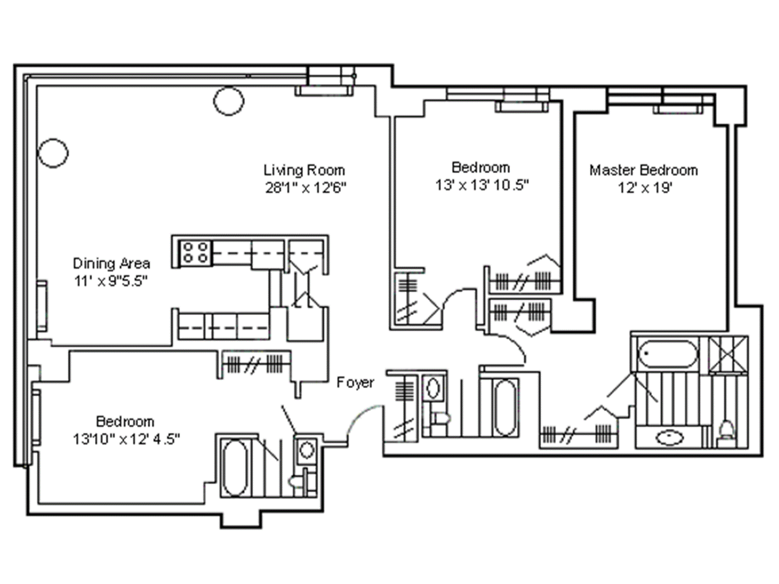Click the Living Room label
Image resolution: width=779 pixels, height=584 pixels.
click(304, 170)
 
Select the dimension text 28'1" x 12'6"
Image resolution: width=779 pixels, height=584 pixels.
click(306, 188)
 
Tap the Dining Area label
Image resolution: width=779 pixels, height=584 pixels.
click(111, 264)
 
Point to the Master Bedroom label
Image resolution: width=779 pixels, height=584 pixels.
click(643, 170)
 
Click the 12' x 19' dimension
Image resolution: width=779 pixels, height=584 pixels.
click(645, 188)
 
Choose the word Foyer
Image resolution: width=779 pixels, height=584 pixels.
click(355, 382)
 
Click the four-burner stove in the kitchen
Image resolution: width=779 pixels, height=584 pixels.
click(196, 252)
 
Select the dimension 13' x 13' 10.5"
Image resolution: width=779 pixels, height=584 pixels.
click(482, 185)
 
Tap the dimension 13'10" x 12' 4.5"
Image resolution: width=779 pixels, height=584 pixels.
click(126, 439)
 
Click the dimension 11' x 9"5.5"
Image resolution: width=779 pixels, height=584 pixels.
click(110, 281)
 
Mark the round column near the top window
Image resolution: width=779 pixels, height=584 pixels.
click(229, 101)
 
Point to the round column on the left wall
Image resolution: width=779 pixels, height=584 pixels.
click(53, 153)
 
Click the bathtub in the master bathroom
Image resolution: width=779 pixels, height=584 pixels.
click(667, 354)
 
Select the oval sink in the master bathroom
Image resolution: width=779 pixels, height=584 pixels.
click(670, 437)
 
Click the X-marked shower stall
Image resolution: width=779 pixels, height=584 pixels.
click(728, 354)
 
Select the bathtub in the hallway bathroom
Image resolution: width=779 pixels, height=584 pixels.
click(505, 407)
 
